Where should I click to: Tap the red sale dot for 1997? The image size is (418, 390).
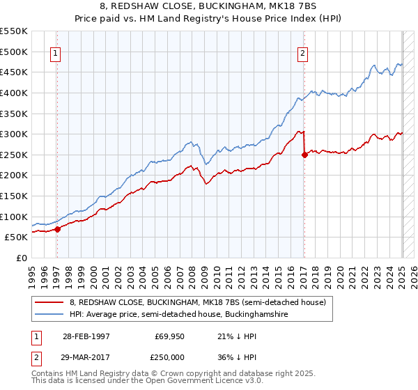click(x=58, y=229)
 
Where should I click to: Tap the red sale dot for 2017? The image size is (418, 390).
click(x=304, y=155)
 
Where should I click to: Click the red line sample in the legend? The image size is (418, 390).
click(x=49, y=302)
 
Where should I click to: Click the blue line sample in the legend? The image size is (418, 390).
click(x=49, y=315)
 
